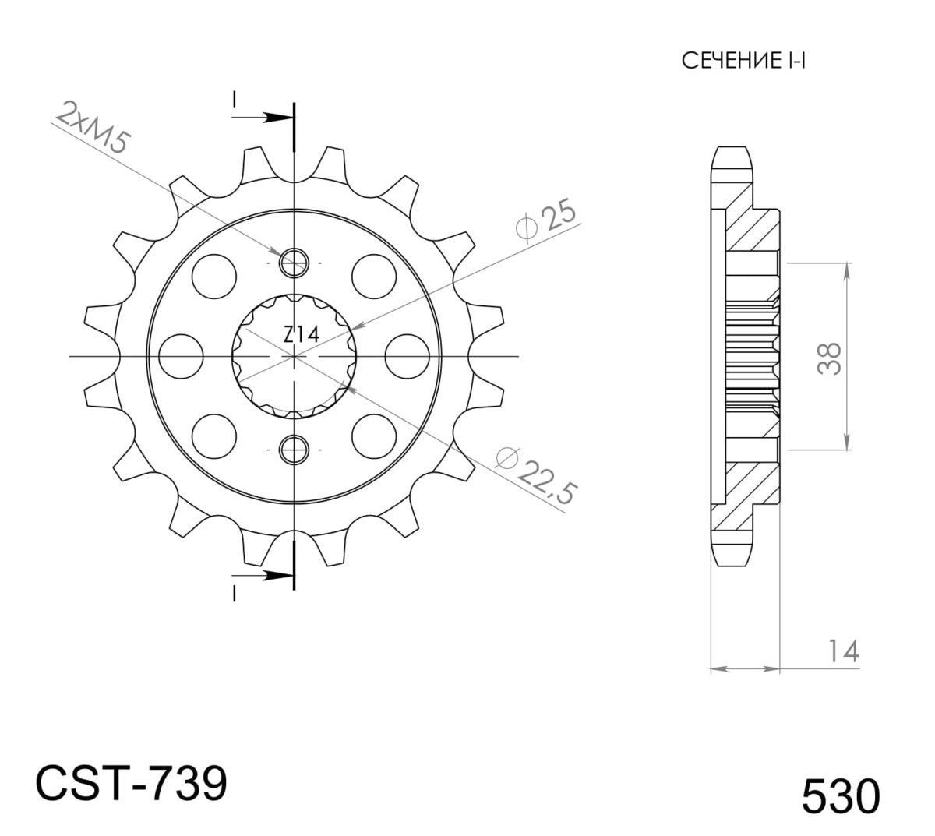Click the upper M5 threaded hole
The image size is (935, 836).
click(x=294, y=263)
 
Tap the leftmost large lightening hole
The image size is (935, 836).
click(x=181, y=356)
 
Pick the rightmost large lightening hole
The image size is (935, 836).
click(x=407, y=356)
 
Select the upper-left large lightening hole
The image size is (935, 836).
click(x=213, y=276)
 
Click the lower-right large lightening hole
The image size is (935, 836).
click(x=374, y=436)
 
